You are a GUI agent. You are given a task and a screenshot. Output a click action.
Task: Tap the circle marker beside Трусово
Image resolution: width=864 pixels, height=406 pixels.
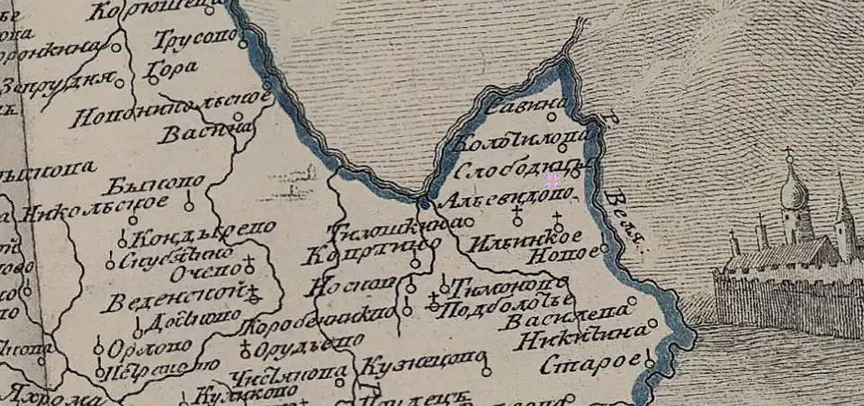point(240,39)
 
